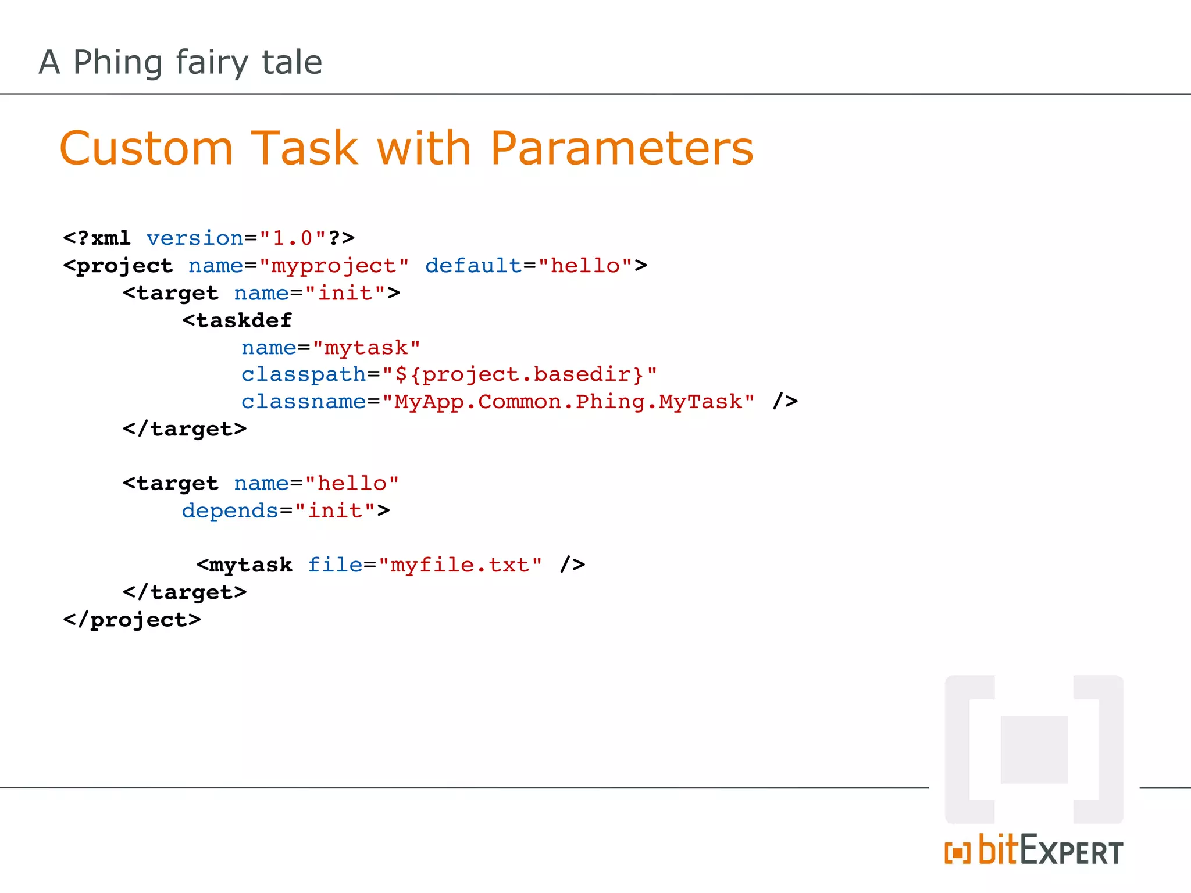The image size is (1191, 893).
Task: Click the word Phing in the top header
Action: click(117, 63)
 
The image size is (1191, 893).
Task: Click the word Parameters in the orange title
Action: click(621, 149)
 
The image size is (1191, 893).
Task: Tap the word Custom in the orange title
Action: click(146, 149)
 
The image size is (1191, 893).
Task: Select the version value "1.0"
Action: click(293, 238)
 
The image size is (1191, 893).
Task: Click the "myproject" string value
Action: click(334, 266)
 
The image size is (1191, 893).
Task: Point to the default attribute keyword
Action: click(473, 266)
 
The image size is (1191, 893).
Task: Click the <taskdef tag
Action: click(237, 320)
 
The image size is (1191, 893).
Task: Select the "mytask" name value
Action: click(366, 348)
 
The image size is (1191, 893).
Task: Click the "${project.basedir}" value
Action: click(519, 374)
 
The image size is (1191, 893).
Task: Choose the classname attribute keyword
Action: click(304, 402)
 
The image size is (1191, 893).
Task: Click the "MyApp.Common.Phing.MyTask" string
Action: click(568, 402)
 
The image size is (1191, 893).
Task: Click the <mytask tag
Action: click(244, 565)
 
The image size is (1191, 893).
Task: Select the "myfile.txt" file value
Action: click(460, 565)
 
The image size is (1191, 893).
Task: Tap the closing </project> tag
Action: click(132, 620)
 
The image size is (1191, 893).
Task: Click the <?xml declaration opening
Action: click(97, 238)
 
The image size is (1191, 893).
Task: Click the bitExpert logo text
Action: click(1050, 851)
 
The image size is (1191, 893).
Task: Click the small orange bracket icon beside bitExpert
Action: click(957, 853)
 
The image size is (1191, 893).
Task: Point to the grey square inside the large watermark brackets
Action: click(1034, 749)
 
